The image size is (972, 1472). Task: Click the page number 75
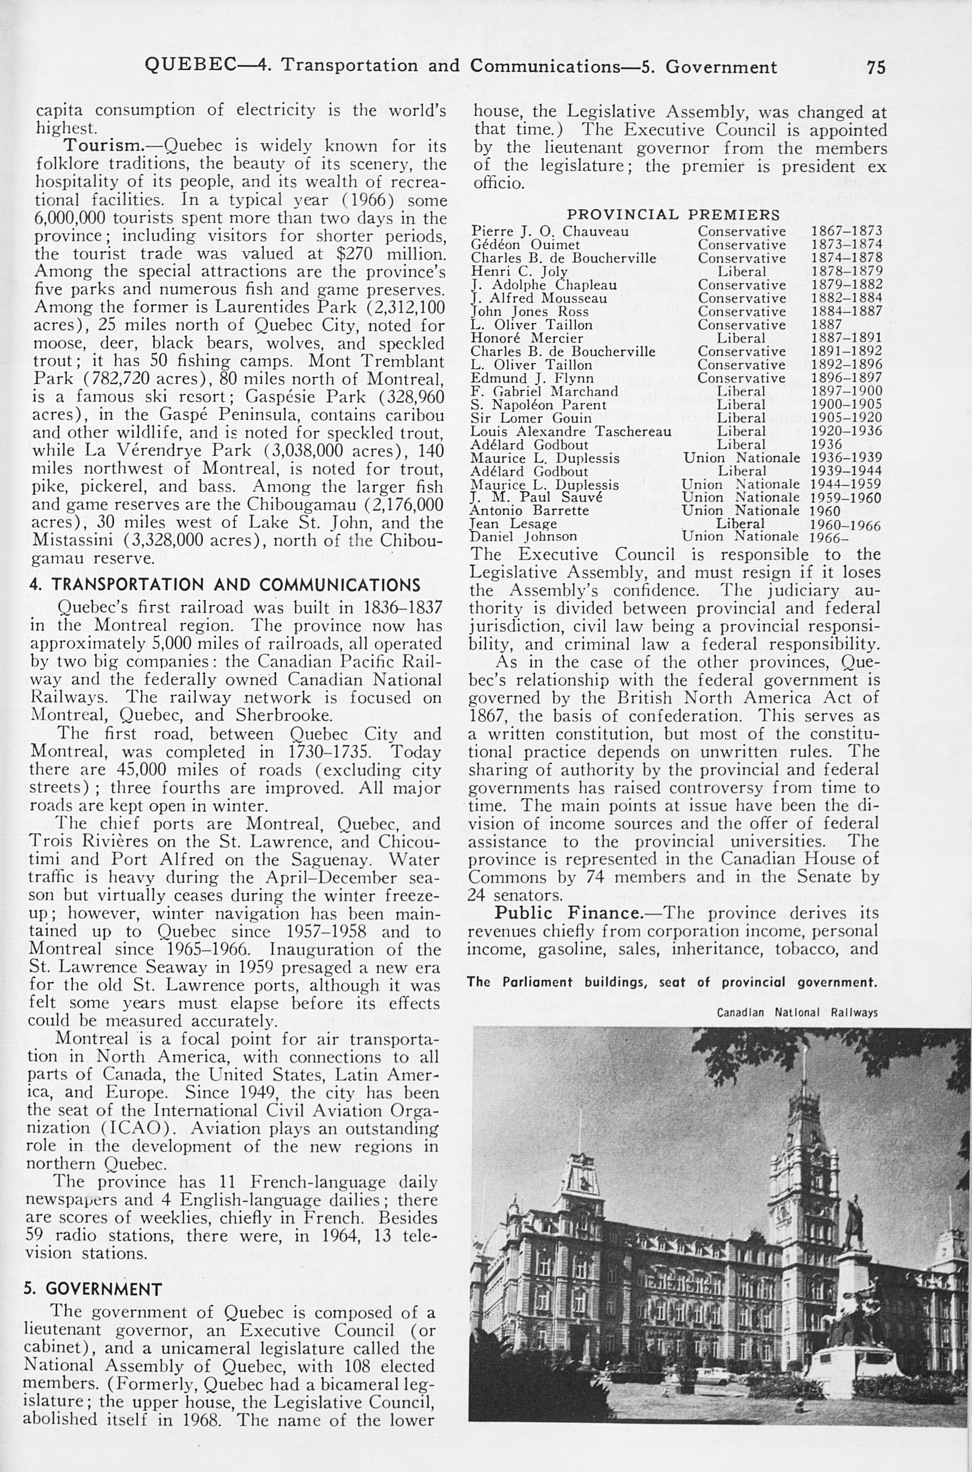[876, 67]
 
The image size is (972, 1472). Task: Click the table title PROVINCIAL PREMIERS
[674, 215]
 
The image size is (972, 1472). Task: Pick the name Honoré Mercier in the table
[527, 338]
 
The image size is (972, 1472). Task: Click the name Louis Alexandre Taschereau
[570, 431]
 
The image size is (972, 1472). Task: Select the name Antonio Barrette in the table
[530, 511]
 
